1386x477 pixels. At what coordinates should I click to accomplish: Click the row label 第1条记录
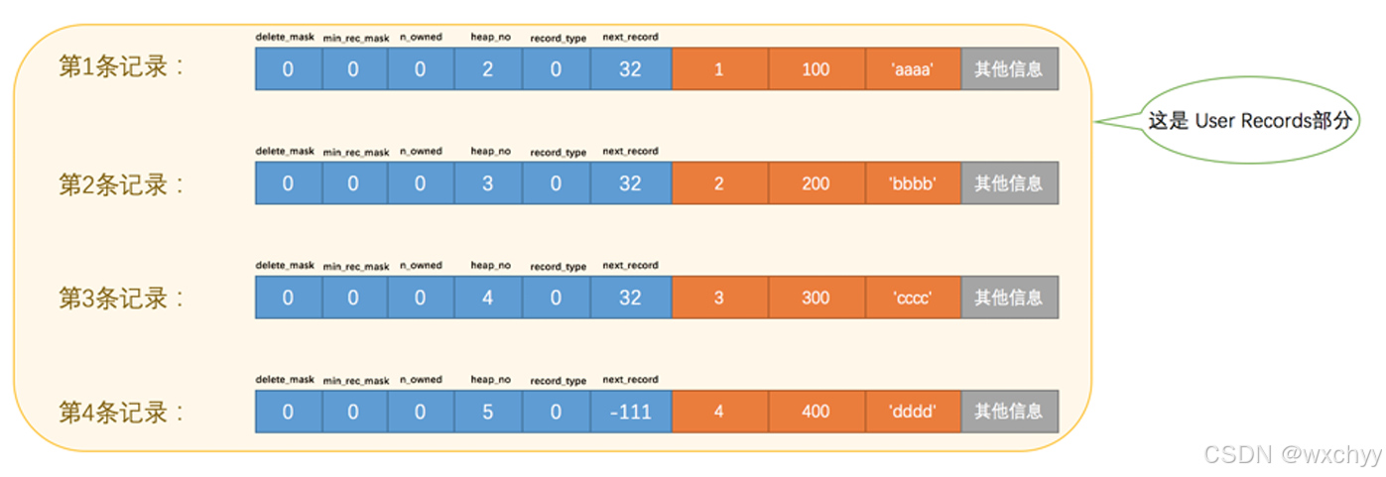tap(121, 68)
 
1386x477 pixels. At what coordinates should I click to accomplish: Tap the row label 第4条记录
tap(121, 412)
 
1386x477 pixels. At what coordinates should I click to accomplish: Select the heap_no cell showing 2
tap(487, 69)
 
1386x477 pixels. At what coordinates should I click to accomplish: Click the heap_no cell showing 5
tap(487, 412)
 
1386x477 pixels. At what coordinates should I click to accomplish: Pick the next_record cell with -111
tap(630, 412)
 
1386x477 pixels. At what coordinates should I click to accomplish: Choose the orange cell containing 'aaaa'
tap(913, 69)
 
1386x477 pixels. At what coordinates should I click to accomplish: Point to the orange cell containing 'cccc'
tap(913, 298)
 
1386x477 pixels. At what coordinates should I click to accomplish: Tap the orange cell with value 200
tap(816, 183)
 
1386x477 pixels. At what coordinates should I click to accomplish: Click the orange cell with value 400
tap(816, 412)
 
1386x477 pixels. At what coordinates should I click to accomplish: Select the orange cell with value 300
tap(816, 298)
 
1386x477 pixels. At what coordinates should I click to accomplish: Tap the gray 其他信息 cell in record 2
tap(1008, 183)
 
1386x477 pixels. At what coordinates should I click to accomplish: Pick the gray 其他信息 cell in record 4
tap(1008, 412)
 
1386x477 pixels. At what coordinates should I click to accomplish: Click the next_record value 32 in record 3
tap(630, 298)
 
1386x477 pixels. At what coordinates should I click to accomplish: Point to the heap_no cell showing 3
tap(487, 183)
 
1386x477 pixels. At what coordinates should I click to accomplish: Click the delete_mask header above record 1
tap(285, 38)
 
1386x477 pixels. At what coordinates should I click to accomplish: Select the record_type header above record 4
tap(558, 381)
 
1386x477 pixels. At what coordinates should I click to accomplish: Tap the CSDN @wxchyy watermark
tap(1292, 455)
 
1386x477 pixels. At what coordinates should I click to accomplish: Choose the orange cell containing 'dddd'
tap(913, 412)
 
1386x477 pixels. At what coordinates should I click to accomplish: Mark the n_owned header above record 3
tap(421, 266)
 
